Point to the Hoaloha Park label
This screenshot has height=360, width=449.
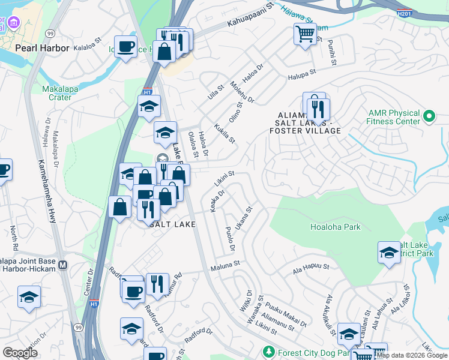pos(336,227)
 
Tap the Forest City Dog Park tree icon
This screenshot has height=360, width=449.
pos(270,351)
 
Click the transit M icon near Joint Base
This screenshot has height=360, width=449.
pos(63,265)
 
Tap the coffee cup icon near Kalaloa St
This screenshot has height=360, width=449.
pos(125,47)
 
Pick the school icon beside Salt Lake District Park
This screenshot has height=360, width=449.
pos(389,252)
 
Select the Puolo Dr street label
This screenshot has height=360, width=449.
pos(229,239)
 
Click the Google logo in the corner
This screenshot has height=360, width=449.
pos(20,353)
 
